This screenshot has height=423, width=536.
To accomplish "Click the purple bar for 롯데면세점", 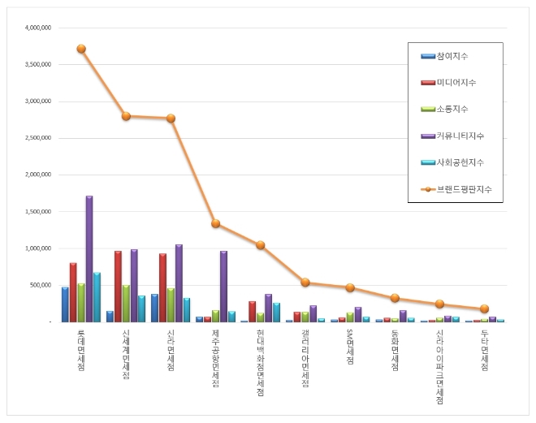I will [x=89, y=260].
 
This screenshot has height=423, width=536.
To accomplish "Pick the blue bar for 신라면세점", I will [x=154, y=309].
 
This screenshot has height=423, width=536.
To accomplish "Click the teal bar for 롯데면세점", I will [x=97, y=297].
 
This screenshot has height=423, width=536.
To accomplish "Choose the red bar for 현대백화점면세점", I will [x=252, y=312].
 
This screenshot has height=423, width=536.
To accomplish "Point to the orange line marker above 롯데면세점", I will [x=81, y=49].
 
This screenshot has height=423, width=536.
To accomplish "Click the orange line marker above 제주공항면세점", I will [x=215, y=223].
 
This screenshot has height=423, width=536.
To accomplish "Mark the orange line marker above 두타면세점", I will [x=484, y=309].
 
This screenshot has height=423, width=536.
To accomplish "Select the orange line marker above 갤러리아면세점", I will [x=305, y=283].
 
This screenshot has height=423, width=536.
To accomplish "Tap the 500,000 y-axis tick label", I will [x=41, y=285].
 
